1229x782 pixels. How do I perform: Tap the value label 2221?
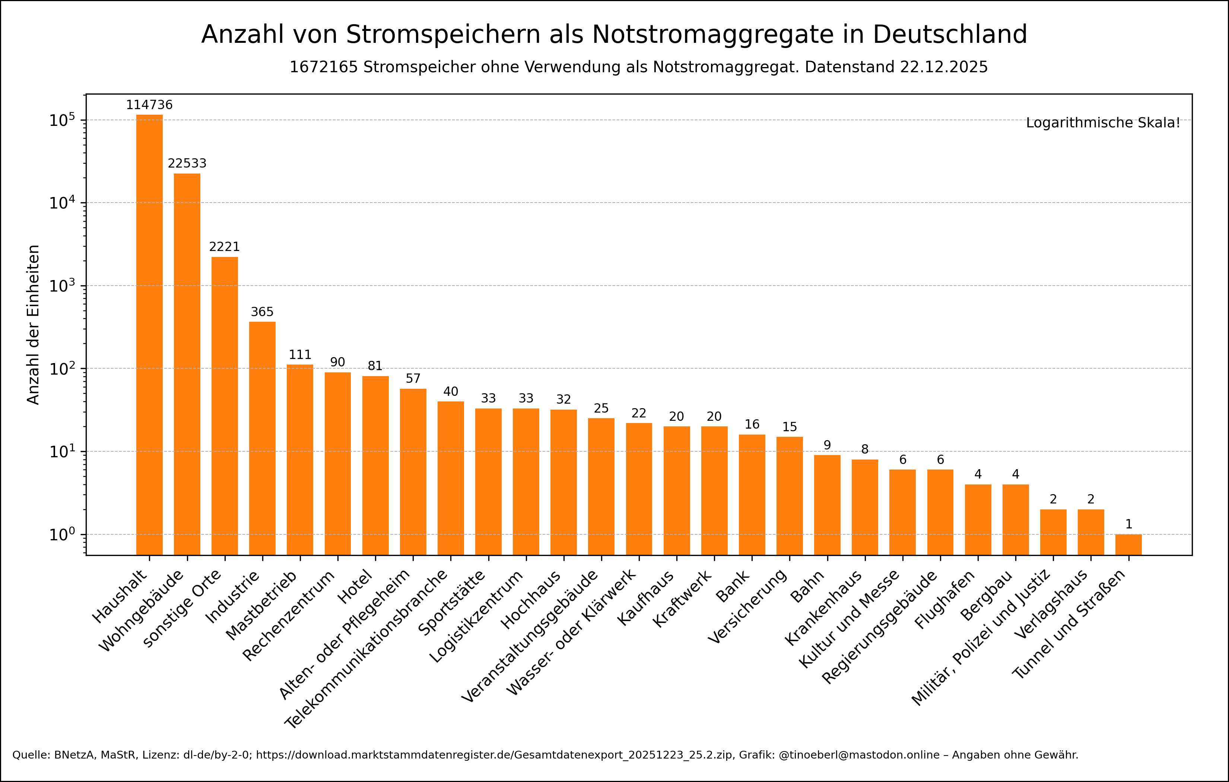point(224,247)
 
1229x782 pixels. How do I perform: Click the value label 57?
point(413,378)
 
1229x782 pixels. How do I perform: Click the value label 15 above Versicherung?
point(789,427)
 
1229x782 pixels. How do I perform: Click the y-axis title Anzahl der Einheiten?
point(33,325)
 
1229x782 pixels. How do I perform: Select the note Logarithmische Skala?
point(1103,123)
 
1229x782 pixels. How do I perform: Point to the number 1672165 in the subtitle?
point(324,67)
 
